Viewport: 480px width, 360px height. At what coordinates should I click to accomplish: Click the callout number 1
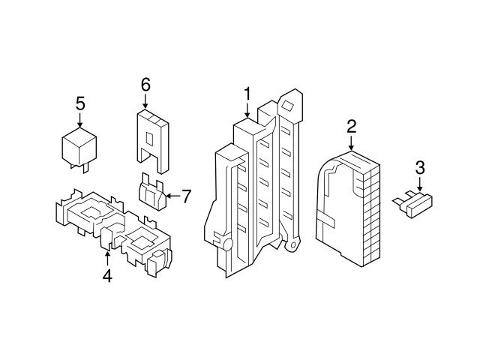point(246,94)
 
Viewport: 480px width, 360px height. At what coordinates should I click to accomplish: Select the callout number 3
point(420,167)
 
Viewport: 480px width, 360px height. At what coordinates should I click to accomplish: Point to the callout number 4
point(107,276)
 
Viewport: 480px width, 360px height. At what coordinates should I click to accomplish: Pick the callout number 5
point(80,103)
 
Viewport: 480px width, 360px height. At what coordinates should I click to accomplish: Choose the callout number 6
point(145,84)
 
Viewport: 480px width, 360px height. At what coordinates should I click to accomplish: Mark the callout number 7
point(186,196)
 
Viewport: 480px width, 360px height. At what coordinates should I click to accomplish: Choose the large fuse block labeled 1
point(251,187)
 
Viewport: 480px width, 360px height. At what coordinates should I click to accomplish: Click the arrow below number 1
point(246,111)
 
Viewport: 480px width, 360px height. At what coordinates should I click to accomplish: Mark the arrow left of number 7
point(169,196)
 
